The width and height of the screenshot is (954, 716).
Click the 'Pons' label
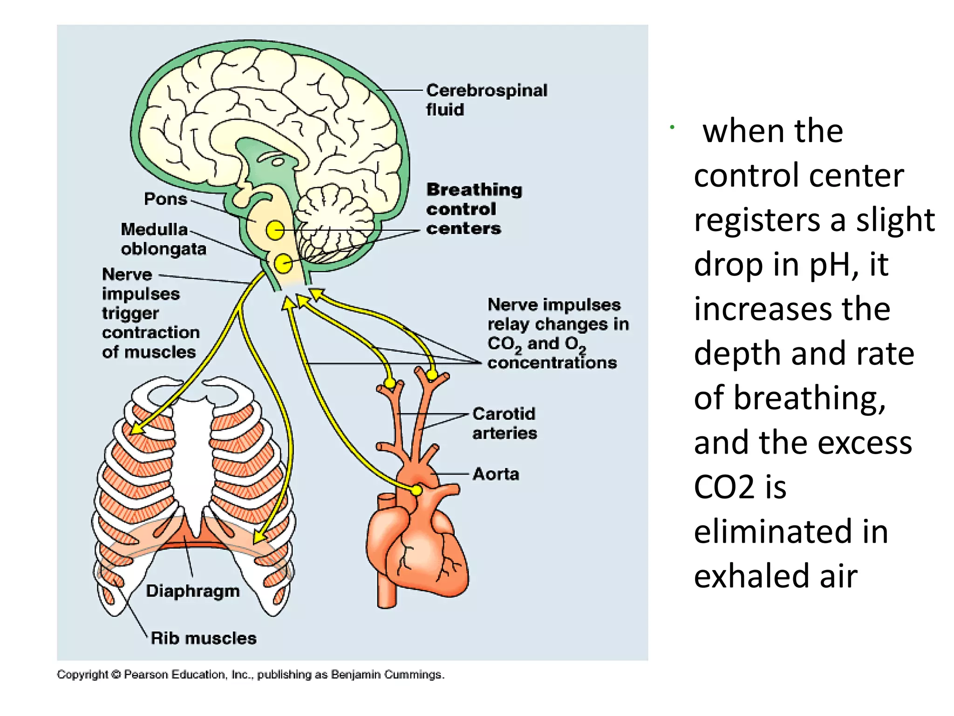165,199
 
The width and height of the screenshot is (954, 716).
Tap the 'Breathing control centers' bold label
474,209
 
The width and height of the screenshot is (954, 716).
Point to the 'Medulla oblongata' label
163,239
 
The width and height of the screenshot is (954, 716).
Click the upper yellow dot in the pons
275,230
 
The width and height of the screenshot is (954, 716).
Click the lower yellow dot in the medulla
283,264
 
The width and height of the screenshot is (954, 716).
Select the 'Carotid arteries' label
504,423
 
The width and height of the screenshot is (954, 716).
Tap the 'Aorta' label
496,474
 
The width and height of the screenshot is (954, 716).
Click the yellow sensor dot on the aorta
416,490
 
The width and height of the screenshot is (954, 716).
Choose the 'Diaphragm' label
192,591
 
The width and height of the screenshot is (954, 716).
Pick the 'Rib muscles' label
204,638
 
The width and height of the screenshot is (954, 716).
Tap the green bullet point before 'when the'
672,127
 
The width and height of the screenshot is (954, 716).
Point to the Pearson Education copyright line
251,675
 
